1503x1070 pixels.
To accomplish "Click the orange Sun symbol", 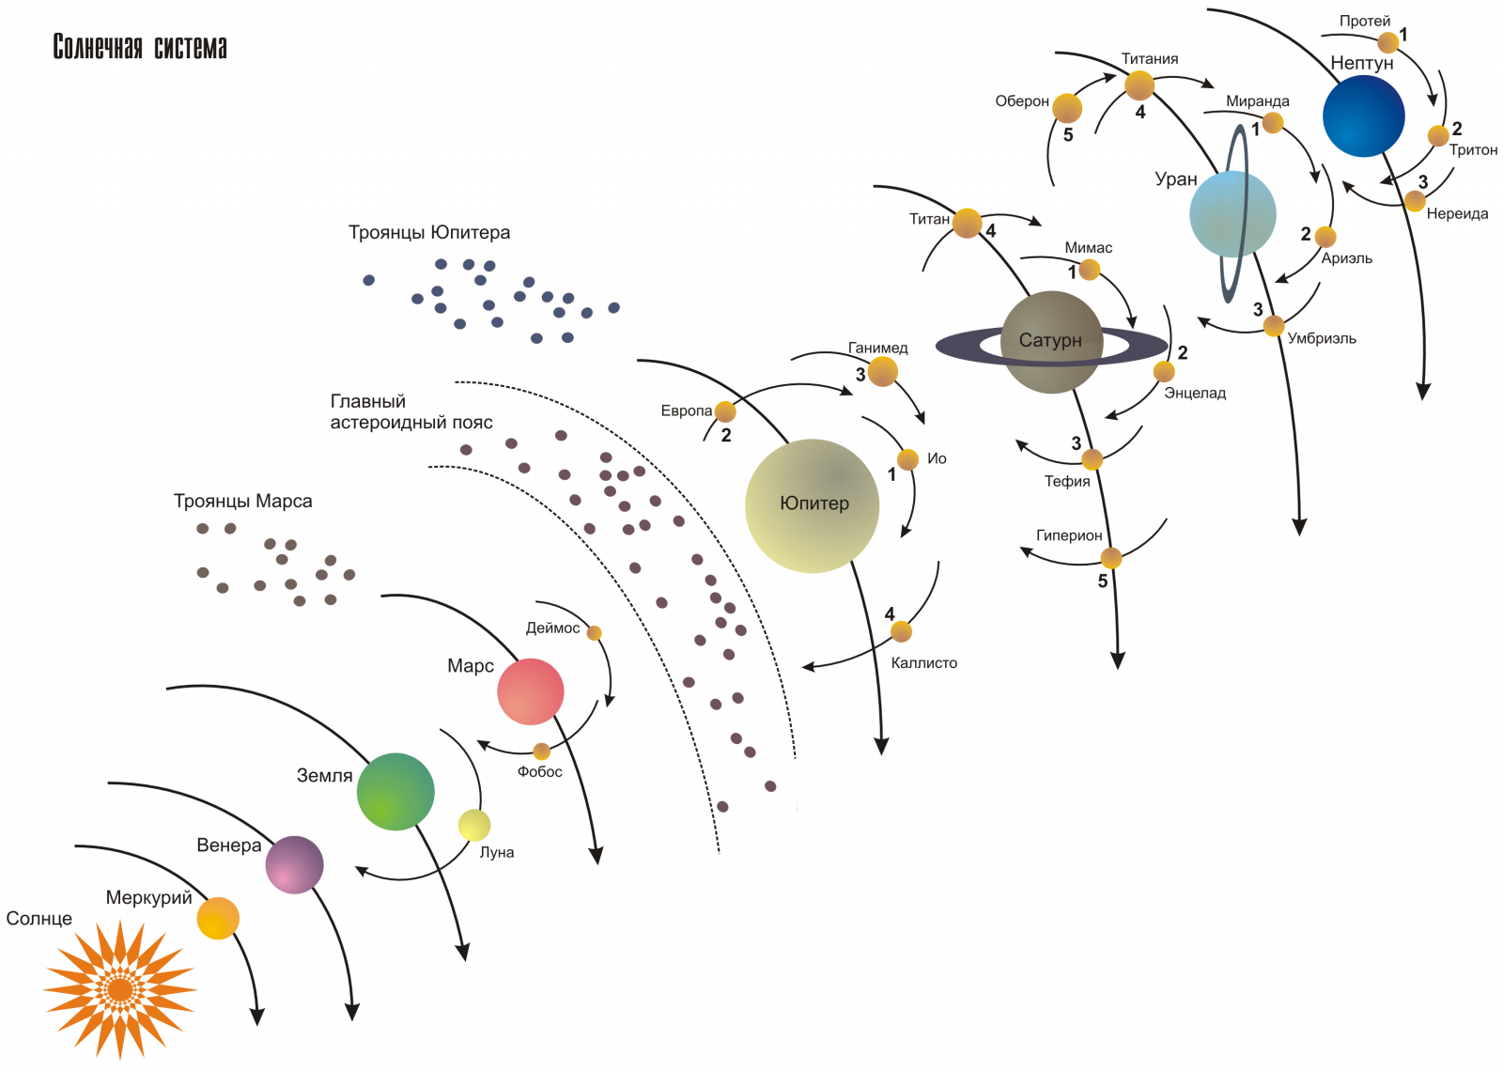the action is coord(120,989).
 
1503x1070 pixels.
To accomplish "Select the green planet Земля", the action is coord(395,792).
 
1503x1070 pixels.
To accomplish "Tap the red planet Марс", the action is coord(530,691).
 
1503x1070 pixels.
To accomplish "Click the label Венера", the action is coord(229,845).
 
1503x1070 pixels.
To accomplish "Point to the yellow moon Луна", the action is coord(474,825).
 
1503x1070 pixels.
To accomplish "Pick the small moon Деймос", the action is coord(594,632).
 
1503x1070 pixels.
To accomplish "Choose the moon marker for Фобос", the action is coord(541,752).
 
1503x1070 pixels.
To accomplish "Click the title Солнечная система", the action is coord(140,47).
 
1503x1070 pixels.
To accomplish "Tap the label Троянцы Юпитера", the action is coord(428,233).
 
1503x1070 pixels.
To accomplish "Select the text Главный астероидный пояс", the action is coord(411,411).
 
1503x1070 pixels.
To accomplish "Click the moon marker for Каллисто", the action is coord(901,631).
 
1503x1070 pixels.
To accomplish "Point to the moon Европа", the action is coord(725,411).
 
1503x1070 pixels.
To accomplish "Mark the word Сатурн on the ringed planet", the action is coord(1050,340).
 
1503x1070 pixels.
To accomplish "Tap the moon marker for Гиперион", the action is coord(1111,557).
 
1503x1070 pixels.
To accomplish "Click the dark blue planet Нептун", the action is coord(1363,116).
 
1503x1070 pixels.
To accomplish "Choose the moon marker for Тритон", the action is coord(1438,135).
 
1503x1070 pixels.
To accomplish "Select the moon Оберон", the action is coord(1067,108).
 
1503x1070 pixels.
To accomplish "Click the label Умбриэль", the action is coord(1321,339).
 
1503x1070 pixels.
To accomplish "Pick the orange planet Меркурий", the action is coord(218,918).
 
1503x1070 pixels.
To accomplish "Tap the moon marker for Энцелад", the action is coord(1164,371).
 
